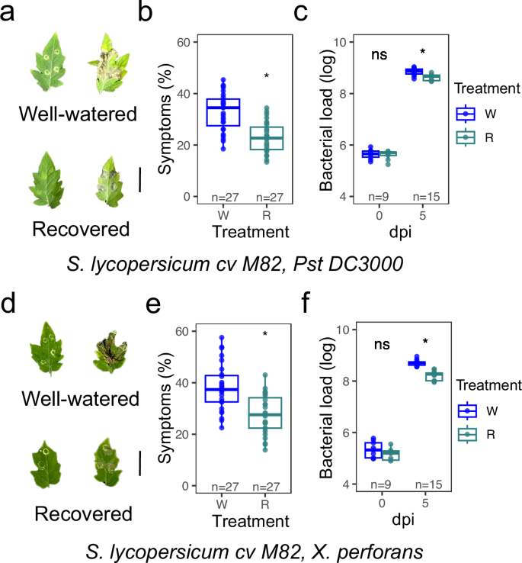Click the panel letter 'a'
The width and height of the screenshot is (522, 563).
pyautogui.click(x=11, y=13)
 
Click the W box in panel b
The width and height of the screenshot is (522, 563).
pyautogui.click(x=224, y=112)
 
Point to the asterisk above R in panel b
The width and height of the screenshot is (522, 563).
pyautogui.click(x=266, y=76)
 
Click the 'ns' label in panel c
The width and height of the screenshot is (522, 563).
pyautogui.click(x=380, y=55)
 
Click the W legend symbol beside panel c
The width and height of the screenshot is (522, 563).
pyautogui.click(x=463, y=114)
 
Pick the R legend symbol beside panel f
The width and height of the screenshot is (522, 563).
pyautogui.click(x=463, y=434)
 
